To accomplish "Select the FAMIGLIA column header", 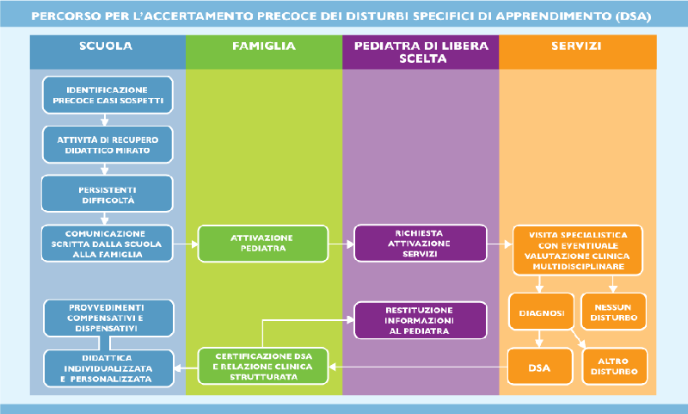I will [x=263, y=46].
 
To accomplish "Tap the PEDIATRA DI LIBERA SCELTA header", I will [x=420, y=53].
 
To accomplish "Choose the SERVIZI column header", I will [x=576, y=46].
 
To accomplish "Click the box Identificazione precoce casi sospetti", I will [x=107, y=95].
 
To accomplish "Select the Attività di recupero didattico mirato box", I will [x=107, y=144].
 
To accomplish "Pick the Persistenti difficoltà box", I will [x=107, y=194].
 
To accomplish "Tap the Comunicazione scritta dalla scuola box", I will [x=107, y=244].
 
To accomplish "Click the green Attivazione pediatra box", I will [x=263, y=244].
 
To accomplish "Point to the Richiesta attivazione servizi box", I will [x=420, y=244].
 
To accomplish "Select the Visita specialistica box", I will [x=576, y=250].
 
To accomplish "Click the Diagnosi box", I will [x=541, y=313].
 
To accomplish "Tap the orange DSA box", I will [x=540, y=367].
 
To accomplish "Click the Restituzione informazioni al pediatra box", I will [x=420, y=318].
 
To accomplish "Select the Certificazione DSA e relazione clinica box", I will [x=263, y=366].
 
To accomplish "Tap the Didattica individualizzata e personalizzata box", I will [x=107, y=367].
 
